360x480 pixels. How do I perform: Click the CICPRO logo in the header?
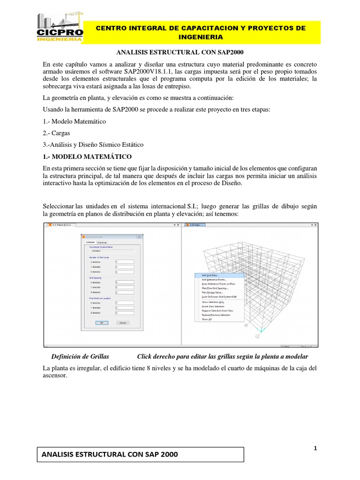pos(60,28)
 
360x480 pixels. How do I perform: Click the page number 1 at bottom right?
pos(315,448)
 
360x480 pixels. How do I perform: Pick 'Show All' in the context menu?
pos(206,319)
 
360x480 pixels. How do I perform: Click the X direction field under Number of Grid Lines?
pos(125,262)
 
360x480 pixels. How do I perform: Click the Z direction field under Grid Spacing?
pos(125,292)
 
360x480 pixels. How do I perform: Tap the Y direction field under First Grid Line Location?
pos(125,307)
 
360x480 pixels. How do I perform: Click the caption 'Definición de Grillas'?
pos(80,357)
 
